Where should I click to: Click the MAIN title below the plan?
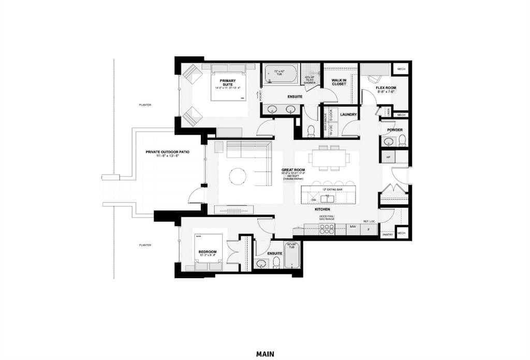tap(264, 354)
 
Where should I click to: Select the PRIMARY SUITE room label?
tap(228, 82)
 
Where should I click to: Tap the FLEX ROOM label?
tap(386, 88)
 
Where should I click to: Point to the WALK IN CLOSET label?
tap(339, 82)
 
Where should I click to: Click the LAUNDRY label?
tap(349, 114)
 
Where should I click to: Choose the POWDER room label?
tap(394, 130)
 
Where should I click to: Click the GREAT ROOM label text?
tap(292, 169)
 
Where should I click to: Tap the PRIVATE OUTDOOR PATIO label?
tap(167, 152)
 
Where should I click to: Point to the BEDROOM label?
tap(208, 252)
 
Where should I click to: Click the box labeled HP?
tap(389, 155)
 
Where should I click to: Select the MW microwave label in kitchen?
tap(352, 226)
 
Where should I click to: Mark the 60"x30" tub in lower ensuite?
tap(292, 255)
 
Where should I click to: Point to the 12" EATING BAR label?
tap(332, 190)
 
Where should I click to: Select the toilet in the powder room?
tap(402, 140)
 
